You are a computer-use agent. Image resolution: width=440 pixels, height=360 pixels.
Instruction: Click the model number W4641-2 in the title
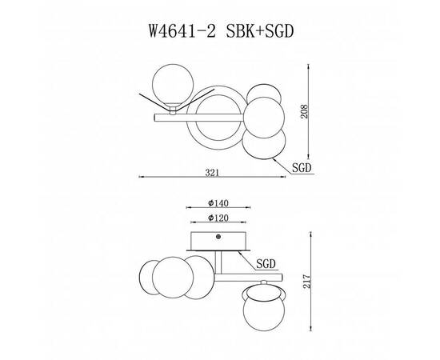pyautogui.click(x=182, y=30)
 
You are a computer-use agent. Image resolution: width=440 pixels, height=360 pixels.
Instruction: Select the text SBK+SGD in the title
pyautogui.click(x=260, y=30)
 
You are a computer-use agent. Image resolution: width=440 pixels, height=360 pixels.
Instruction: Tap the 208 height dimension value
pyautogui.click(x=304, y=111)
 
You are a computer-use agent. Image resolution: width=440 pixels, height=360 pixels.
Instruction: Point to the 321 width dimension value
pyautogui.click(x=211, y=173)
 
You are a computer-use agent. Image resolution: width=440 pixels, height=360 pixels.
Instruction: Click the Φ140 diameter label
pyautogui.click(x=218, y=203)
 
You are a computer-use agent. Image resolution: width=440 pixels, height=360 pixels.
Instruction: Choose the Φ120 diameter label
pyautogui.click(x=218, y=218)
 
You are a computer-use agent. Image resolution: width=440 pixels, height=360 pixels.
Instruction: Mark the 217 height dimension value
pyautogui.click(x=306, y=281)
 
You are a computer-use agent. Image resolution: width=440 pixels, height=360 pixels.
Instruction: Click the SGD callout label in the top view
pyautogui.click(x=302, y=168)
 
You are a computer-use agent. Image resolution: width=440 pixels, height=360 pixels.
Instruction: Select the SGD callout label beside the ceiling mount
pyautogui.click(x=266, y=264)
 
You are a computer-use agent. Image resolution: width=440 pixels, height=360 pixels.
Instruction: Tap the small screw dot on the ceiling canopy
pyautogui.click(x=218, y=237)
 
